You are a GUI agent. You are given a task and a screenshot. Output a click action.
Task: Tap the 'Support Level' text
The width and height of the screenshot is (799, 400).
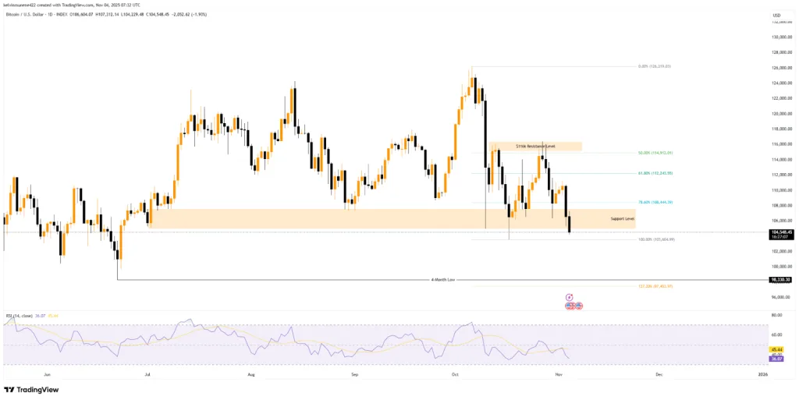point(622,219)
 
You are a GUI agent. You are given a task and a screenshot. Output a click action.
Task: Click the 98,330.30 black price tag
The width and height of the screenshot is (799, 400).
point(780,279)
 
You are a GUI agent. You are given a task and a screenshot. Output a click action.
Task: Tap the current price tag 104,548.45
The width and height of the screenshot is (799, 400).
point(780,232)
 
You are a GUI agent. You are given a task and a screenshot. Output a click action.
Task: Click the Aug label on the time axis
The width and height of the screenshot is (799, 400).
point(251,375)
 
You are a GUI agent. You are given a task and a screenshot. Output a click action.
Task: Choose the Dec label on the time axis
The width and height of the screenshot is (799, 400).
point(659,375)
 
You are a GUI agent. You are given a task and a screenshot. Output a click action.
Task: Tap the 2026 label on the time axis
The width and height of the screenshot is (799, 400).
point(763,375)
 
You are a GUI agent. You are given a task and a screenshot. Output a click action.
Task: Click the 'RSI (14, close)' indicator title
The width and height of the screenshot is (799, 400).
point(20,316)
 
